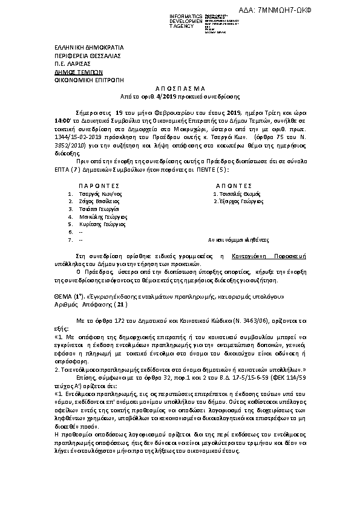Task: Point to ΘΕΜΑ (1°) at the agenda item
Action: [52, 298]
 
